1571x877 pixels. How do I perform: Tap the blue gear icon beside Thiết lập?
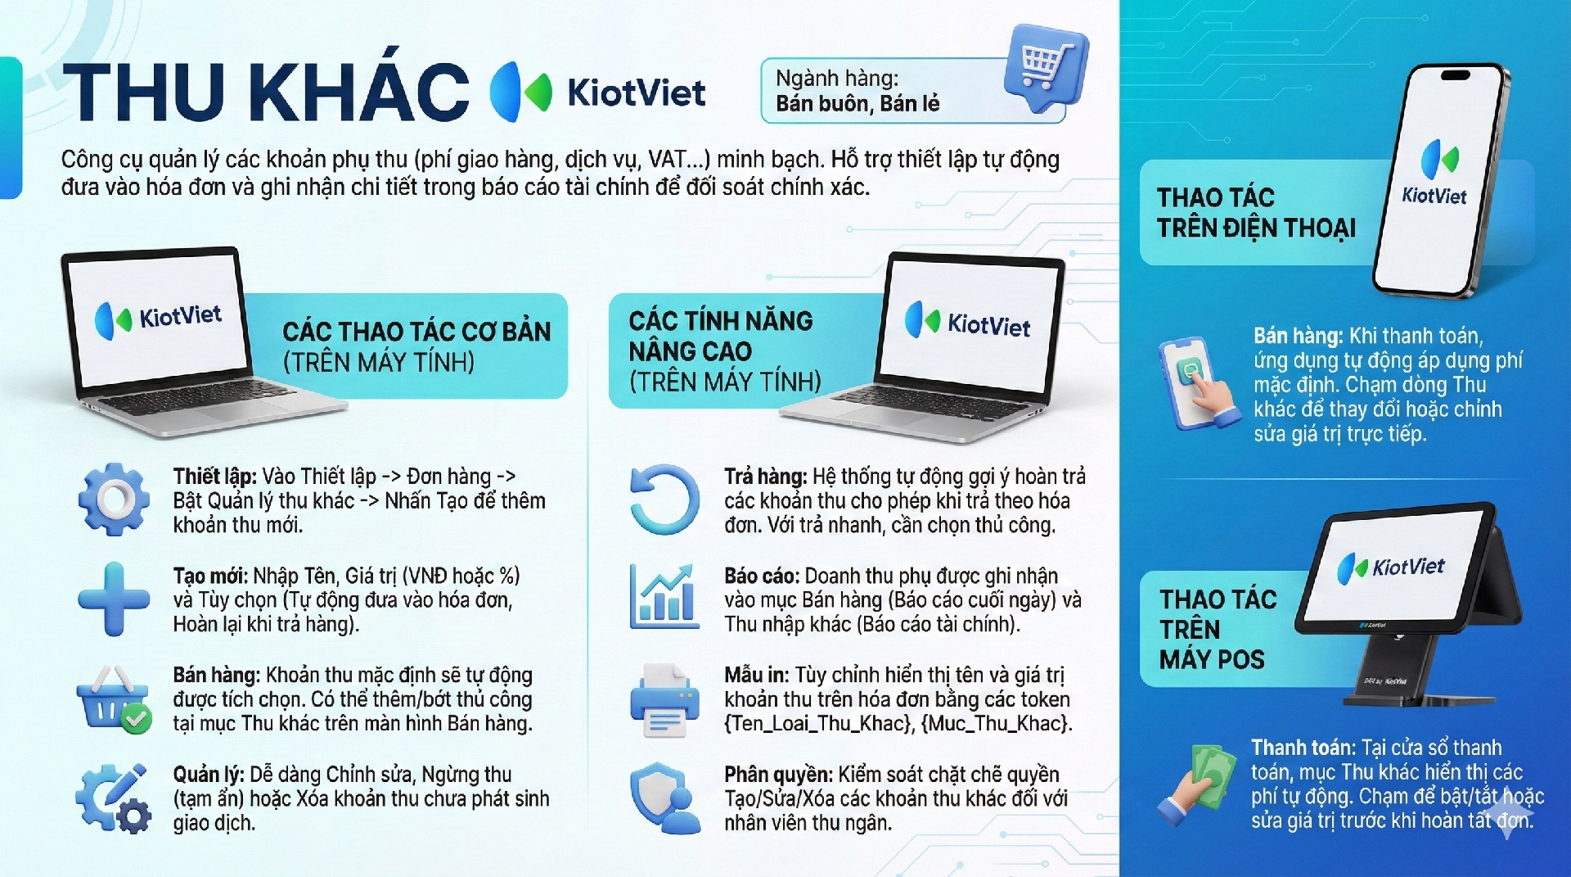[114, 500]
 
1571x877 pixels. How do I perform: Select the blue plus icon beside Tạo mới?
[114, 599]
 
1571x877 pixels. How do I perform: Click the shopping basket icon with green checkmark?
[114, 699]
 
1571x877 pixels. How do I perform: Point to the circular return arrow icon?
[664, 500]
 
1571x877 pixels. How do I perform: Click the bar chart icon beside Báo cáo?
[664, 597]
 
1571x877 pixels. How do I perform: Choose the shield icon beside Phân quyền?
[664, 798]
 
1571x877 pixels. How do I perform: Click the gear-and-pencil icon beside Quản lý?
[114, 798]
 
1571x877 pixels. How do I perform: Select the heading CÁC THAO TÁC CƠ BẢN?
[416, 332]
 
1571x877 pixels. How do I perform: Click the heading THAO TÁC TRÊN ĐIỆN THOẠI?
[1256, 212]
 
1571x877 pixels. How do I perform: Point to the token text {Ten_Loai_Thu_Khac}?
[818, 723]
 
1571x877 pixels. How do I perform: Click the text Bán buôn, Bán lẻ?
[858, 104]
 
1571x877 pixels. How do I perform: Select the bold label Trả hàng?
[766, 477]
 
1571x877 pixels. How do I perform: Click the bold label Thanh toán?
[1303, 748]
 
